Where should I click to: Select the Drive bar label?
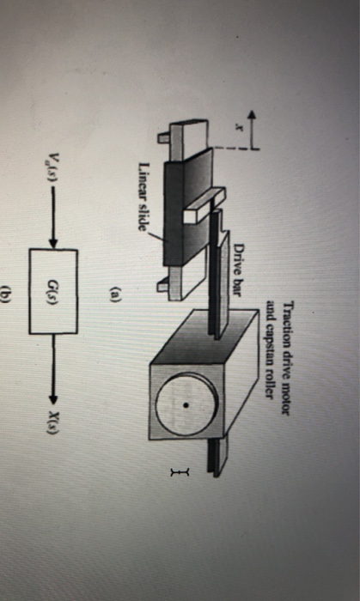click(x=241, y=267)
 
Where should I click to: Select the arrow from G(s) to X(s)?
click(x=53, y=348)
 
